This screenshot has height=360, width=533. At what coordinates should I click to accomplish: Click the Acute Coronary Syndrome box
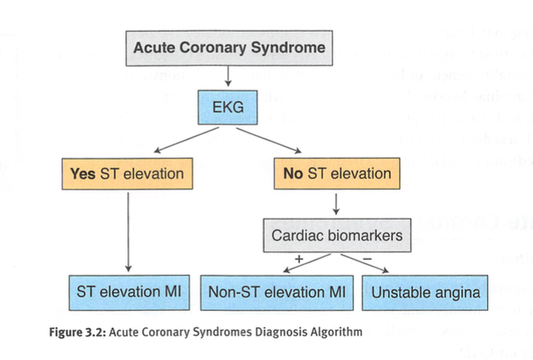pyautogui.click(x=228, y=49)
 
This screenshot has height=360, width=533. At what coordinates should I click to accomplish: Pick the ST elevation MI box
pyautogui.click(x=128, y=292)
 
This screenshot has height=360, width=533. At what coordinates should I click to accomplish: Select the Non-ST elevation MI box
pyautogui.click(x=277, y=292)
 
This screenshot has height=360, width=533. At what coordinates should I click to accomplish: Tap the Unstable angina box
pyautogui.click(x=426, y=292)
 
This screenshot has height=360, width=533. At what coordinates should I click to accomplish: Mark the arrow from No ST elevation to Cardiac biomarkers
pyautogui.click(x=336, y=204)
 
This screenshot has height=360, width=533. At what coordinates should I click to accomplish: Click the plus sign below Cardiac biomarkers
pyautogui.click(x=299, y=259)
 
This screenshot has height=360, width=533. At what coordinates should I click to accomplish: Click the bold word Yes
pyautogui.click(x=84, y=174)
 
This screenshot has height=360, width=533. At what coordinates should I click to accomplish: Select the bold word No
pyautogui.click(x=294, y=174)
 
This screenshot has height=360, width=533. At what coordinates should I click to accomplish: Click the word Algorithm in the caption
pyautogui.click(x=338, y=331)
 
